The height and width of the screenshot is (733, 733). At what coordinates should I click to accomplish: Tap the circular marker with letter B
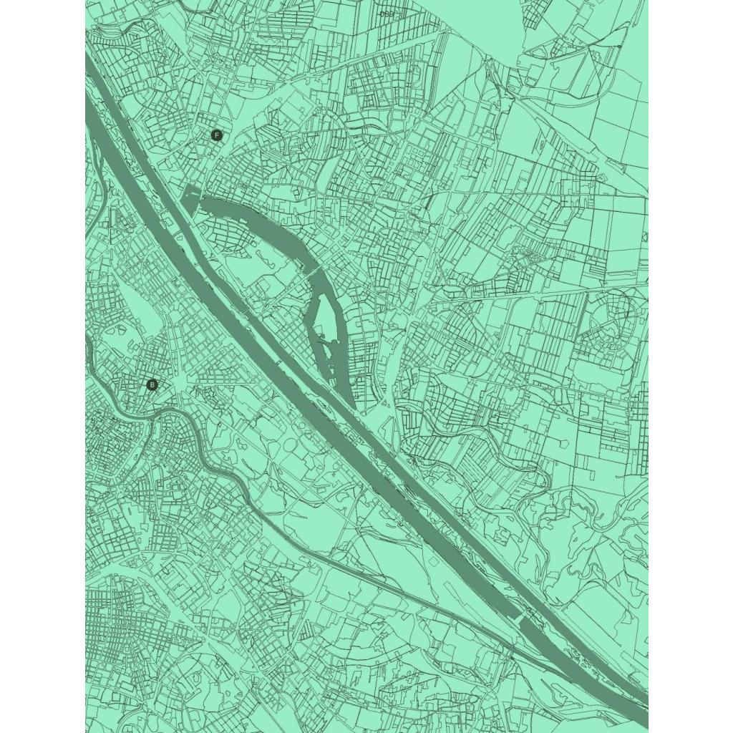[152, 385]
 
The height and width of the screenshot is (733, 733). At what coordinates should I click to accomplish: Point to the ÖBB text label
[387, 14]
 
